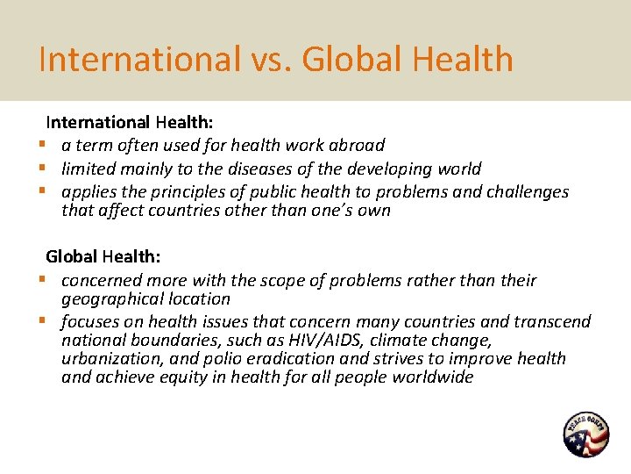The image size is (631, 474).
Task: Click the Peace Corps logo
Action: coord(586,434)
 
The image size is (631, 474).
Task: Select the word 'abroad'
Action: coord(355,145)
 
